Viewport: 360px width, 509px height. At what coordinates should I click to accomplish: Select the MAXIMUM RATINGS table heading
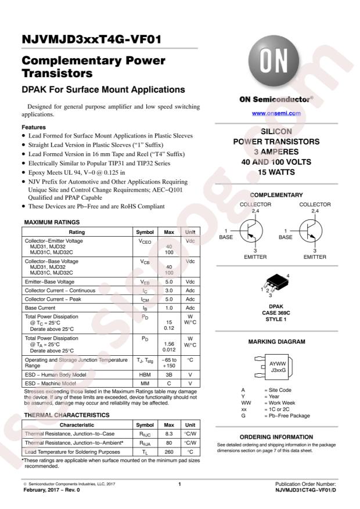click(52, 222)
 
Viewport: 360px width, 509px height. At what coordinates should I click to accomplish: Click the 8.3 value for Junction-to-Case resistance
click(169, 434)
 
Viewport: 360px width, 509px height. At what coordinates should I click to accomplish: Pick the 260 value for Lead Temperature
click(169, 451)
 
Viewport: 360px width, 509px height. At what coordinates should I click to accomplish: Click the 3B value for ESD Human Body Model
click(169, 374)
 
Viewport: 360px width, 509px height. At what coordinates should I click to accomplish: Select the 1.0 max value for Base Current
click(169, 308)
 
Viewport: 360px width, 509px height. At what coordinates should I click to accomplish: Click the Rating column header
click(77, 232)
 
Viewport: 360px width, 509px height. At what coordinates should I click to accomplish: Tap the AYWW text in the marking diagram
click(278, 363)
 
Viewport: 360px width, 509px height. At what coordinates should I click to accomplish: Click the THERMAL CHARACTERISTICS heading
click(66, 415)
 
